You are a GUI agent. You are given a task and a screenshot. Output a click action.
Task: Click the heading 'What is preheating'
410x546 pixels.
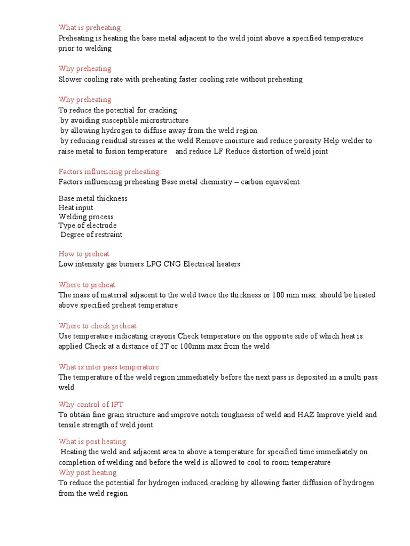point(90,28)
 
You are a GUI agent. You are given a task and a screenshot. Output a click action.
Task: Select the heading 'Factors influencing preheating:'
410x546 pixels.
point(109,171)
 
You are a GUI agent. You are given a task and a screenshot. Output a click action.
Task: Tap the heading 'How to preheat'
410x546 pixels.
point(84,254)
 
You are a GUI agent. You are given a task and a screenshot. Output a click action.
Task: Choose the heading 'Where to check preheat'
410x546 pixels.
point(98,326)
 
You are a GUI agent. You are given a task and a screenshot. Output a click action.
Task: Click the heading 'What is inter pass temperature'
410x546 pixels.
point(108,367)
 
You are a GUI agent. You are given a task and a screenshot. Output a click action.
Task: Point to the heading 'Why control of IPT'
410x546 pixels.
point(91,404)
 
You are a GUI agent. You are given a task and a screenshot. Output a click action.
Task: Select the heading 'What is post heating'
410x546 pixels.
point(92,441)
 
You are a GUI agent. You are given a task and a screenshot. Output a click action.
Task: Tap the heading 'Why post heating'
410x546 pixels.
point(88,472)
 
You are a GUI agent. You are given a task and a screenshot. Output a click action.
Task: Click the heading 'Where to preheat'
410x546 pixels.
point(86,285)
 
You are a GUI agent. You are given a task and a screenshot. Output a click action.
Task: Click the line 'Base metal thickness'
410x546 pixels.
point(93,198)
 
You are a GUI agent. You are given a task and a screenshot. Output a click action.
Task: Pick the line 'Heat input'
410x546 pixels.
point(76,207)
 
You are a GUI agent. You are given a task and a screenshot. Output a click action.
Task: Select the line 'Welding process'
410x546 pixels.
point(86,216)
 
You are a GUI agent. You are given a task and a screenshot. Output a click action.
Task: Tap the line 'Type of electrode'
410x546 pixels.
point(88,226)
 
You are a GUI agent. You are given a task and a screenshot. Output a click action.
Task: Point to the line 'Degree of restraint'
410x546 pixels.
point(91,235)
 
